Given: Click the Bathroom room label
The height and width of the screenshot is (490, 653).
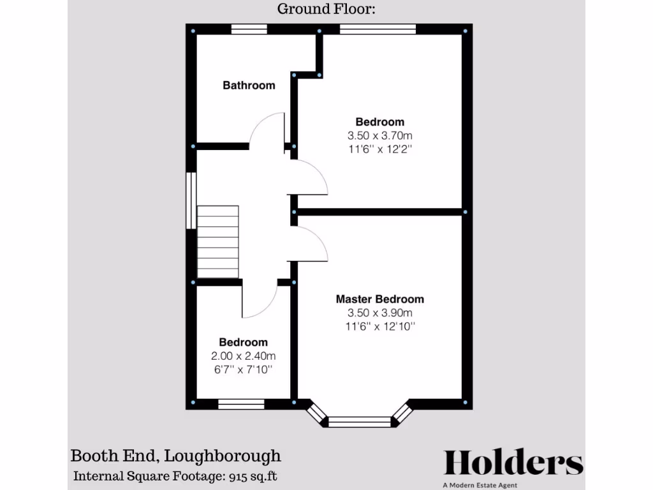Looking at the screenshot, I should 249,85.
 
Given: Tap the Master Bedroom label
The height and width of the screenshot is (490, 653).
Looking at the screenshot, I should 379,299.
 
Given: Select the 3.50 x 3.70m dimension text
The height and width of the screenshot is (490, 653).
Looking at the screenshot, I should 379,135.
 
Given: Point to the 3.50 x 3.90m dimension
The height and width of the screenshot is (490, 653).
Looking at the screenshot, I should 379,313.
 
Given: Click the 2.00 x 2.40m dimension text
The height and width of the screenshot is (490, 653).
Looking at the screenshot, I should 243,356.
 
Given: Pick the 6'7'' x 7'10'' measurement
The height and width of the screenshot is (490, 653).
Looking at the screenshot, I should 243,370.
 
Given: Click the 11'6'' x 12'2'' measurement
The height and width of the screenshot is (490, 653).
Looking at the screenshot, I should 379,149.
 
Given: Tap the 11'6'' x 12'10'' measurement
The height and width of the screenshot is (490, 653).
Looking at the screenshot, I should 379,327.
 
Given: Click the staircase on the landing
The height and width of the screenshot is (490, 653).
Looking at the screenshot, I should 217,242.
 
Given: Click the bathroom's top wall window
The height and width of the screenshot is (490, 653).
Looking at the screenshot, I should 249,29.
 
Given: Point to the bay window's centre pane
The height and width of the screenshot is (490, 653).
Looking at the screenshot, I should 358,421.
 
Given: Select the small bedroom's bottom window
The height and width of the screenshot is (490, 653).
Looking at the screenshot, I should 241,404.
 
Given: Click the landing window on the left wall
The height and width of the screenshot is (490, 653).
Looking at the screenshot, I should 190,200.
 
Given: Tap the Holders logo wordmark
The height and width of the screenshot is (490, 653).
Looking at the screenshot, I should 513,462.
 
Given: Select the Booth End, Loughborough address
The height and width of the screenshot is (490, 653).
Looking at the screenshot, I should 175,456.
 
